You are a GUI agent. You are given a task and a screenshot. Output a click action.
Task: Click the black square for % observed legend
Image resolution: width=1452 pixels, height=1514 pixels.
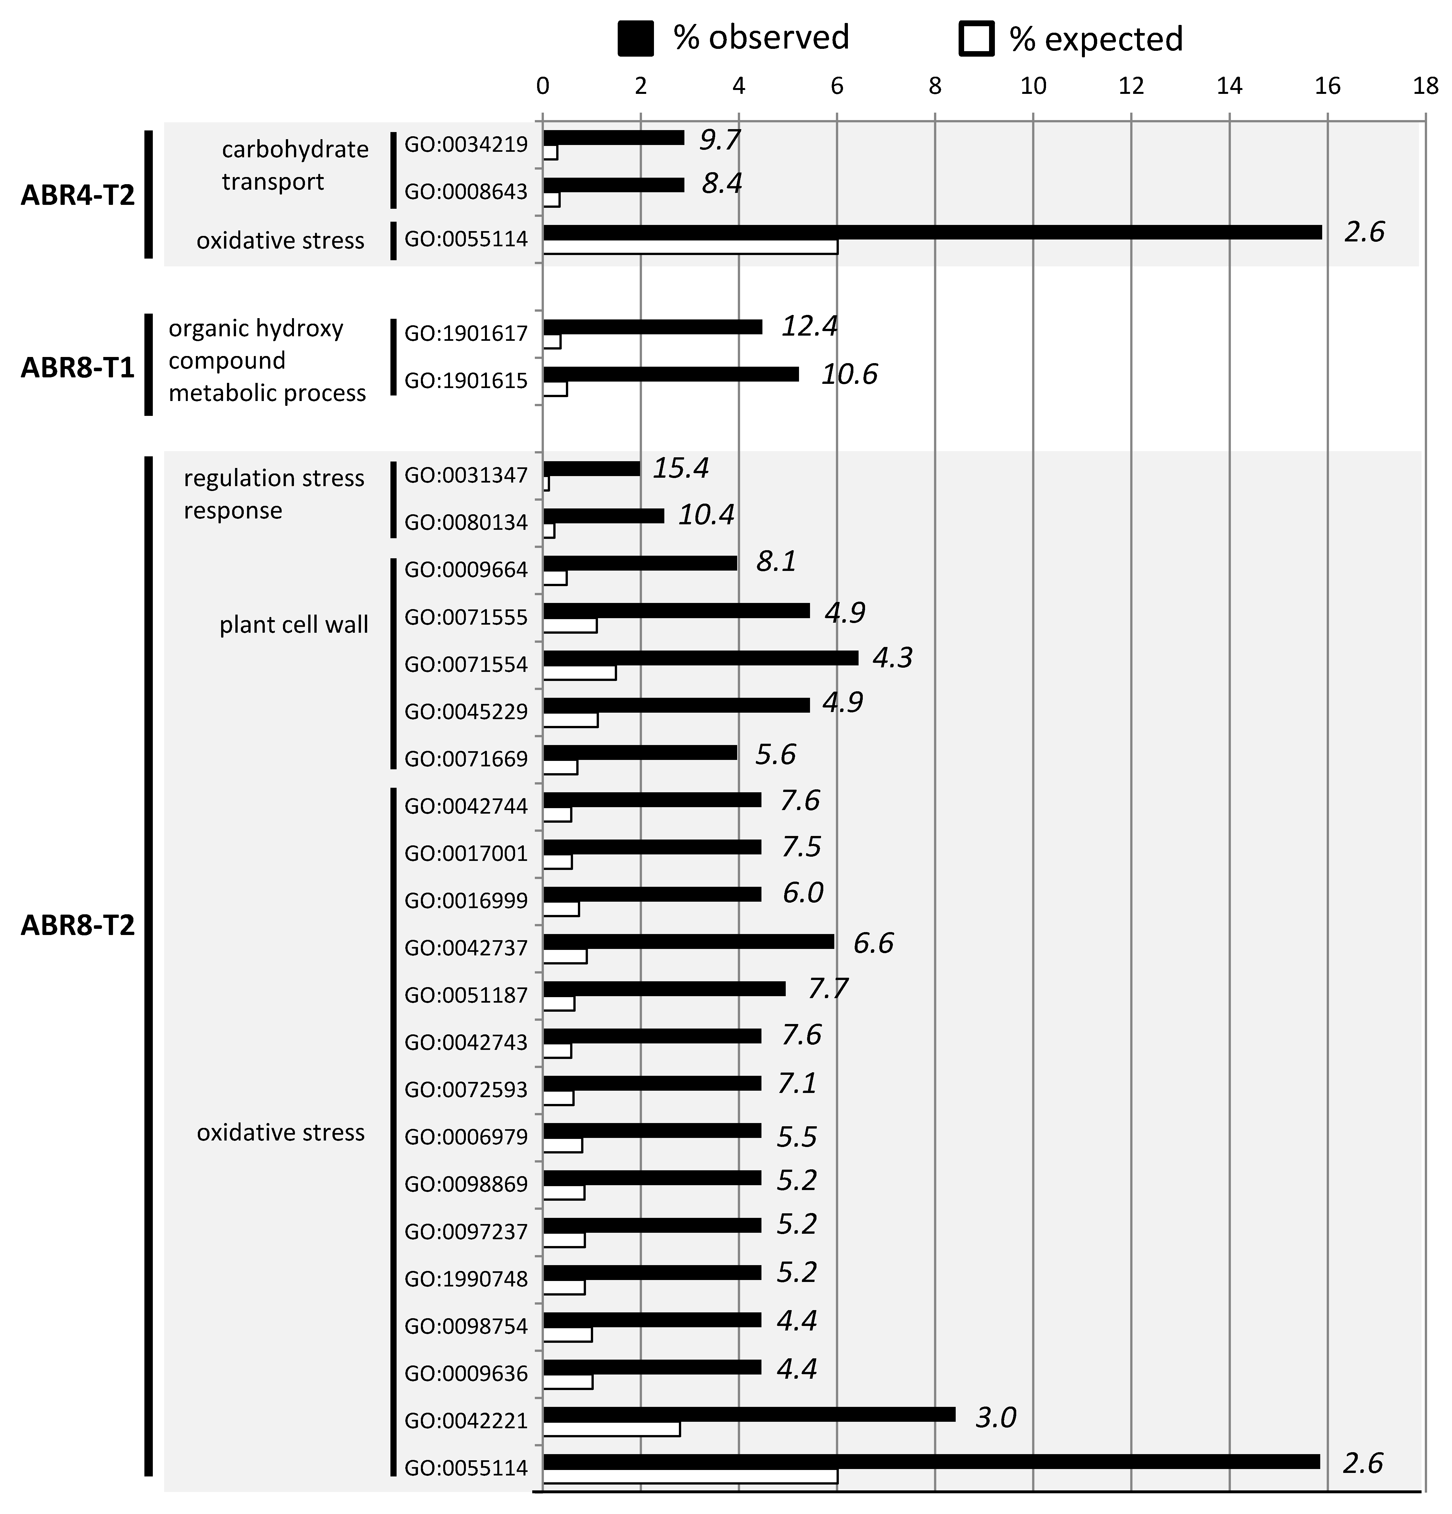(635, 39)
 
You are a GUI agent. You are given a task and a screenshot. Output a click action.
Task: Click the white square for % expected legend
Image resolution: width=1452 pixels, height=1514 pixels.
(976, 39)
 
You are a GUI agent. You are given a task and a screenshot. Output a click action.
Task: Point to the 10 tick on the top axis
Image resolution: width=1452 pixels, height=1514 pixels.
(1033, 86)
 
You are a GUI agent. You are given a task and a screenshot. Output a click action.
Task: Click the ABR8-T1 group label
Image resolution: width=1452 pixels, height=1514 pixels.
(77, 367)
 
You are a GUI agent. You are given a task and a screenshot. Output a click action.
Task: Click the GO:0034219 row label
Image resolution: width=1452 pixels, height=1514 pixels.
(466, 144)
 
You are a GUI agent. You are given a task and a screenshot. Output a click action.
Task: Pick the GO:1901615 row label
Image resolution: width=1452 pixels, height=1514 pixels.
(466, 381)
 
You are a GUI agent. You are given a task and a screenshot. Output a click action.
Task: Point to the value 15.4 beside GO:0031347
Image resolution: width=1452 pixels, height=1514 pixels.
(680, 468)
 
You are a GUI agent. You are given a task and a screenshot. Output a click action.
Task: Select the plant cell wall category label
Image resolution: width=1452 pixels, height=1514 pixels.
(294, 624)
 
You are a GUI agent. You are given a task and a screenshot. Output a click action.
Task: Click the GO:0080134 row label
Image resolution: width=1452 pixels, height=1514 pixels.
(466, 522)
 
